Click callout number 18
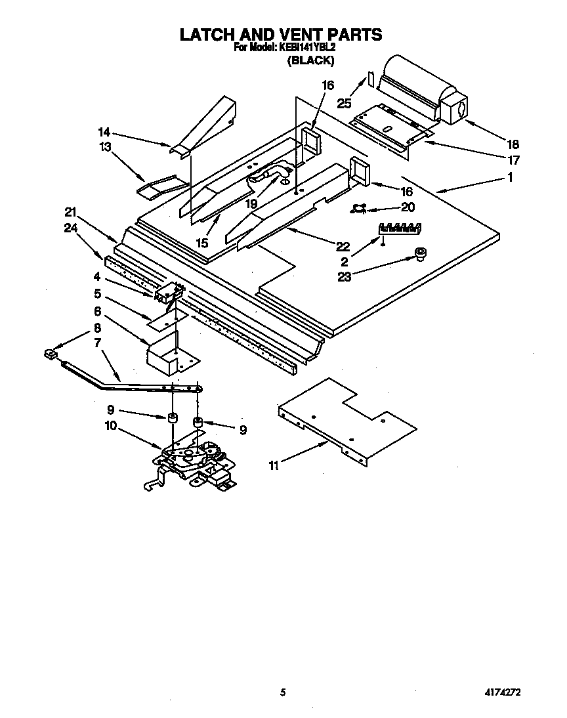[x=513, y=144]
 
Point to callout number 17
[x=513, y=159]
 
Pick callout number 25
[x=345, y=102]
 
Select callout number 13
[x=105, y=147]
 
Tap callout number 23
[x=345, y=276]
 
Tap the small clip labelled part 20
[x=358, y=209]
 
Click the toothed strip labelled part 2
[x=399, y=228]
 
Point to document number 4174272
[x=503, y=692]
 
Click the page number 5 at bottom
[x=283, y=692]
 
